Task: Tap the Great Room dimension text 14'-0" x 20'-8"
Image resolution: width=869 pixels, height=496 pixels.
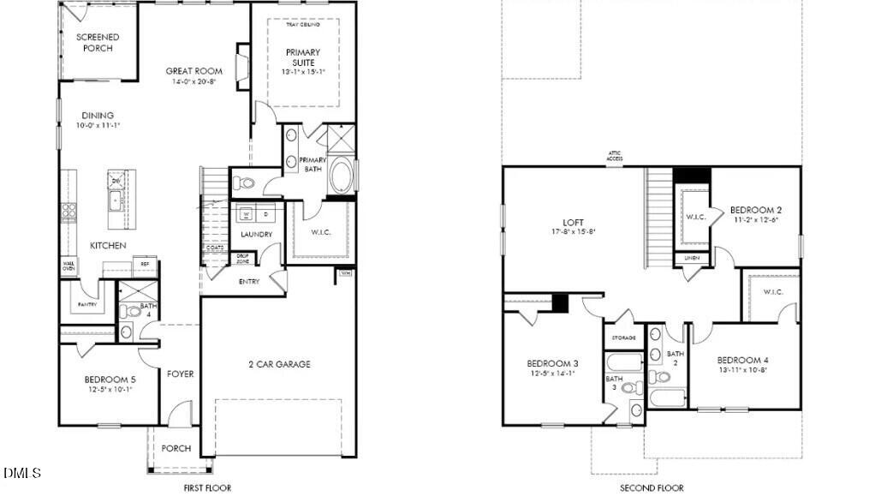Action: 194,82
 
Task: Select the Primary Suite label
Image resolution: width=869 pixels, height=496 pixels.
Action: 301,57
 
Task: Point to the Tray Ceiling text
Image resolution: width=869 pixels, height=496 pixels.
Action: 301,25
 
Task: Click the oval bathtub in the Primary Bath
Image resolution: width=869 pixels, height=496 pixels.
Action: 341,176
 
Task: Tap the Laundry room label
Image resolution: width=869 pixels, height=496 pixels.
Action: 256,234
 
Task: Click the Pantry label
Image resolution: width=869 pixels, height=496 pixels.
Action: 86,304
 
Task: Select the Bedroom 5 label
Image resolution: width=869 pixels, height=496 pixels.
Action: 110,379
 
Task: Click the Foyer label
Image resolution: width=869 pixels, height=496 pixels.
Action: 180,373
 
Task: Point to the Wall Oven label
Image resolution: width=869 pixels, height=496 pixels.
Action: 68,266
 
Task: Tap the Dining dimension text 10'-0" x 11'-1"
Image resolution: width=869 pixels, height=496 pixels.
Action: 98,126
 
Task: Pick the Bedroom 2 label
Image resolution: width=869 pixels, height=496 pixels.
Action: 755,210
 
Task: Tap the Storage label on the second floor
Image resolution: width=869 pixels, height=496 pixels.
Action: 622,338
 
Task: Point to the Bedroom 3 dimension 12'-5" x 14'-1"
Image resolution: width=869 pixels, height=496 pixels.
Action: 551,373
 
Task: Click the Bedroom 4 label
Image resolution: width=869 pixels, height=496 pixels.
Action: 743,360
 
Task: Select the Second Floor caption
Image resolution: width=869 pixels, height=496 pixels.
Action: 652,488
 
